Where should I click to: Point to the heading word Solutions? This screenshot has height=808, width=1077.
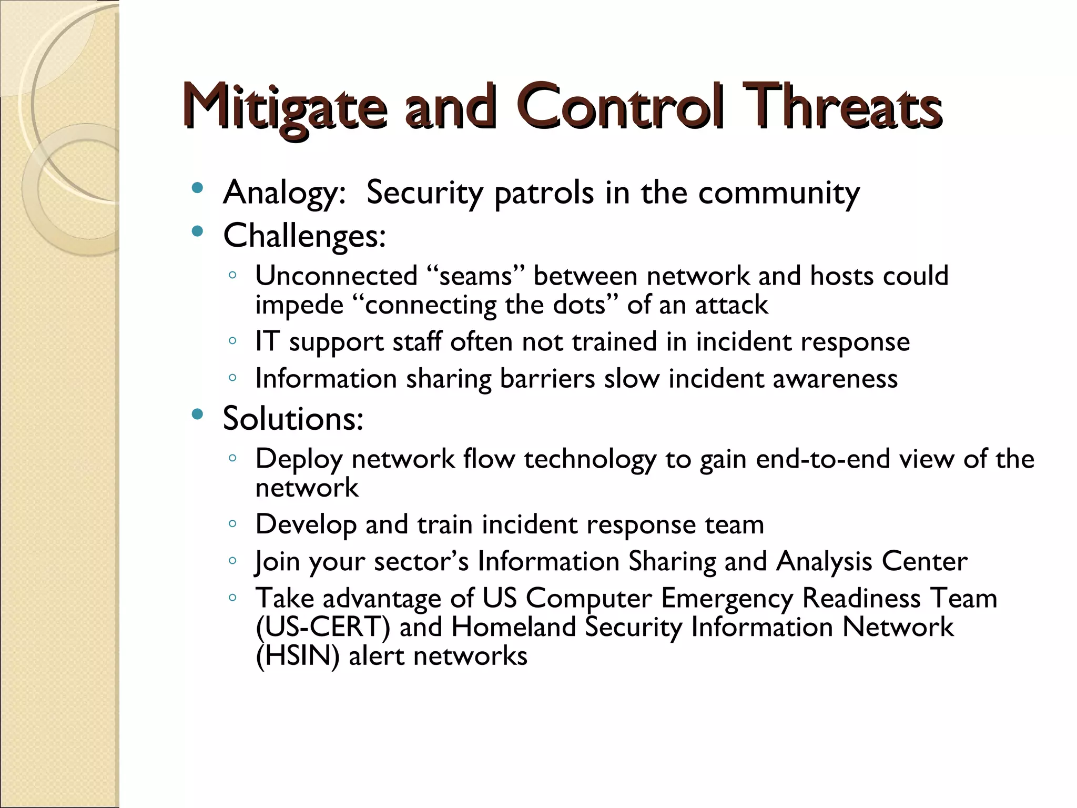click(x=292, y=419)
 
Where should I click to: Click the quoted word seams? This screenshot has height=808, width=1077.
click(x=475, y=276)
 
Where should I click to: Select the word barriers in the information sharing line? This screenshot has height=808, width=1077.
click(x=547, y=378)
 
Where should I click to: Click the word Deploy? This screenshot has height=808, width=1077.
click(x=299, y=459)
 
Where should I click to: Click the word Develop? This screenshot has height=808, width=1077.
click(x=306, y=524)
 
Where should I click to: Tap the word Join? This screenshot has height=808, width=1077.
click(x=277, y=561)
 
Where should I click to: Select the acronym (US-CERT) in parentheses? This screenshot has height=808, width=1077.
click(x=322, y=627)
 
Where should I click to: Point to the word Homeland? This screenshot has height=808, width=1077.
click(x=513, y=627)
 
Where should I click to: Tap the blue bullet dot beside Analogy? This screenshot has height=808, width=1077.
click(x=197, y=188)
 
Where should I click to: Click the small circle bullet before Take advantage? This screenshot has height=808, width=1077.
click(x=232, y=598)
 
